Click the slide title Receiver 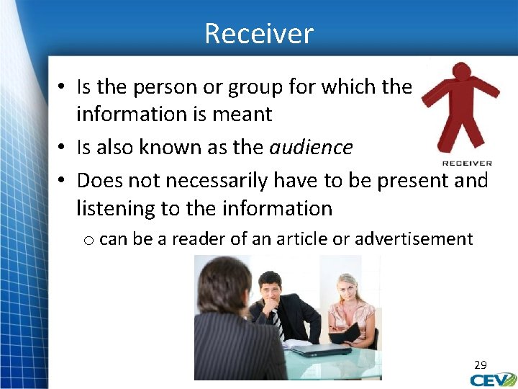[x=258, y=34]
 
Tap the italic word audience [x=311, y=148]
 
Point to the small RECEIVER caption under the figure [x=467, y=164]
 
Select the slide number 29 [x=480, y=365]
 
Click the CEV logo [x=494, y=380]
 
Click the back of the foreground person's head [x=223, y=288]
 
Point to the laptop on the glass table [x=320, y=350]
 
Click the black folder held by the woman [x=345, y=333]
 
